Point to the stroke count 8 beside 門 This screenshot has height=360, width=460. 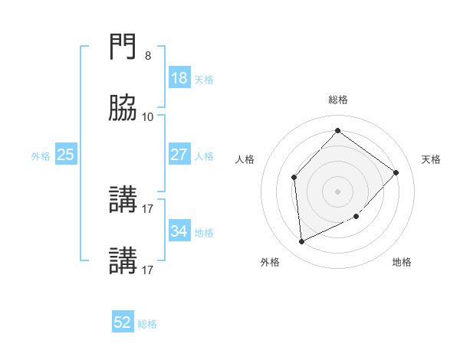click(x=147, y=56)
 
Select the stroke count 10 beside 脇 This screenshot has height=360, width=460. click(x=148, y=116)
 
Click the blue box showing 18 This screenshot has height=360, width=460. click(x=179, y=78)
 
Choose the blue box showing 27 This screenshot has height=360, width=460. click(x=179, y=155)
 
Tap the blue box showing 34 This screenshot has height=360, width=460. click(x=179, y=231)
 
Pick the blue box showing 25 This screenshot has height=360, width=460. click(x=66, y=155)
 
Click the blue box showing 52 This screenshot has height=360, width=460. click(x=123, y=322)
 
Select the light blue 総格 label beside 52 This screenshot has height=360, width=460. click(x=147, y=324)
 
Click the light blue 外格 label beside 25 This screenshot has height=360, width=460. click(x=41, y=156)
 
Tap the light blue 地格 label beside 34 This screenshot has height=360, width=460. click(x=204, y=233)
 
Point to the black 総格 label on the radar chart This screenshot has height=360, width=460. click(x=338, y=100)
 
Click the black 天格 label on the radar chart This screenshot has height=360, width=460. click(x=431, y=159)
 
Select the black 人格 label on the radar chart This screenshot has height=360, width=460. click(x=245, y=159)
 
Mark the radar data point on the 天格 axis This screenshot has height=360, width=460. click(x=396, y=172)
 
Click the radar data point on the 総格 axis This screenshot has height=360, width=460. click(x=338, y=130)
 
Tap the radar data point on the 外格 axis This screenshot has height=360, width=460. click(x=301, y=242)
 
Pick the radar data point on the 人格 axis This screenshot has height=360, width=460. click(x=294, y=178)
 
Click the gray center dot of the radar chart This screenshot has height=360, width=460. click(x=338, y=191)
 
